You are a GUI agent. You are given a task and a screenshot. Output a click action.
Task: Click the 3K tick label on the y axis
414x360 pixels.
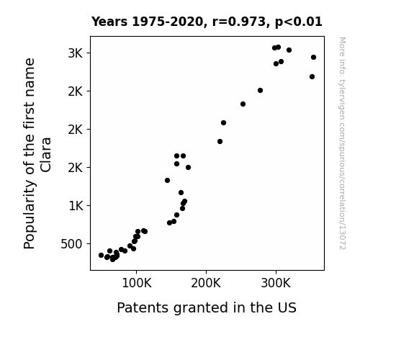click(76, 53)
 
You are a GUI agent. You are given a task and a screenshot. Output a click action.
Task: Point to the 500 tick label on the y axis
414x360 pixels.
click(71, 244)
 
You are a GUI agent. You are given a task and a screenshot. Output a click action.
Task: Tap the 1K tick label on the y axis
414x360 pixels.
click(76, 206)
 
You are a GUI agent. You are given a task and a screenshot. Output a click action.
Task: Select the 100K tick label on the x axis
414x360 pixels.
click(137, 284)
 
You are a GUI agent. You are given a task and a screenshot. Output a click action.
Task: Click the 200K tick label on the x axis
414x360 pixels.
click(206, 284)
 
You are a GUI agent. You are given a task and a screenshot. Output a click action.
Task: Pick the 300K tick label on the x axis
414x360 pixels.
click(276, 284)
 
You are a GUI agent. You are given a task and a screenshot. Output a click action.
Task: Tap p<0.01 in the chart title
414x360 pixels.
click(299, 22)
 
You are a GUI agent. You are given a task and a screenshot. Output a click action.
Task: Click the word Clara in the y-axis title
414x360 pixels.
click(46, 155)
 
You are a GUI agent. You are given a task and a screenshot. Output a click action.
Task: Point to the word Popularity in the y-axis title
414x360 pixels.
click(30, 214)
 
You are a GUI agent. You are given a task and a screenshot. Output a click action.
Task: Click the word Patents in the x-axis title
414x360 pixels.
click(143, 307)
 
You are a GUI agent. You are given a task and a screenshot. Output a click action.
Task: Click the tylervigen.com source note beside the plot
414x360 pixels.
click(343, 143)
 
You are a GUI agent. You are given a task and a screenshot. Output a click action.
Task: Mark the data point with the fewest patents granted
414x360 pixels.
click(101, 255)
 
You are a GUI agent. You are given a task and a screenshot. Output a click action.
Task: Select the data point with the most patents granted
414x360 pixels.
click(313, 58)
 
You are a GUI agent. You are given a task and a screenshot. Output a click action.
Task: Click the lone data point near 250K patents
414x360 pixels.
click(243, 104)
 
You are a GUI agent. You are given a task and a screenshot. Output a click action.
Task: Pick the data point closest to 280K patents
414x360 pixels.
click(260, 90)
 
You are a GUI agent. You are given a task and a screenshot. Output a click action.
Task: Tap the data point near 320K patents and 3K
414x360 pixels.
click(289, 50)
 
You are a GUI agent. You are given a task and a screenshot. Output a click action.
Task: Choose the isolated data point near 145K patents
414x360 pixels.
click(167, 181)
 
